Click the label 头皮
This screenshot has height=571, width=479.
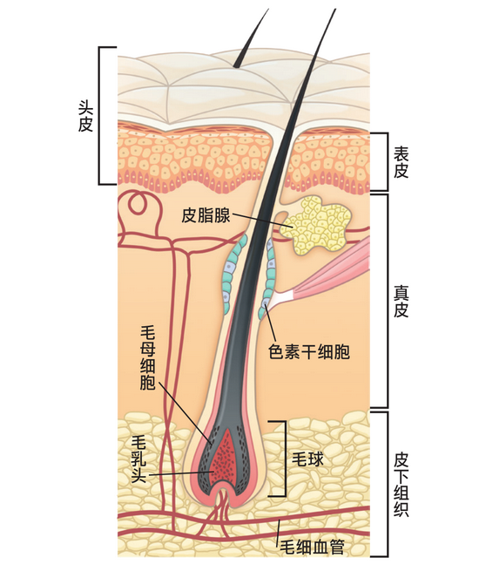85,115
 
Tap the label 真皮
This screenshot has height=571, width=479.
401,301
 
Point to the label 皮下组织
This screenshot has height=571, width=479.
401,485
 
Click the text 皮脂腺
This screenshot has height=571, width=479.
206,215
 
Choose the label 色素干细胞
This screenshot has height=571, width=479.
309,351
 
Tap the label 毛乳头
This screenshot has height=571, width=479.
138,459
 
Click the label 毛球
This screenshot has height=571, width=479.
307,459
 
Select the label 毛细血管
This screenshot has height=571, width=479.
312,547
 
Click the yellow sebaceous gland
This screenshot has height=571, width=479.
315,224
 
